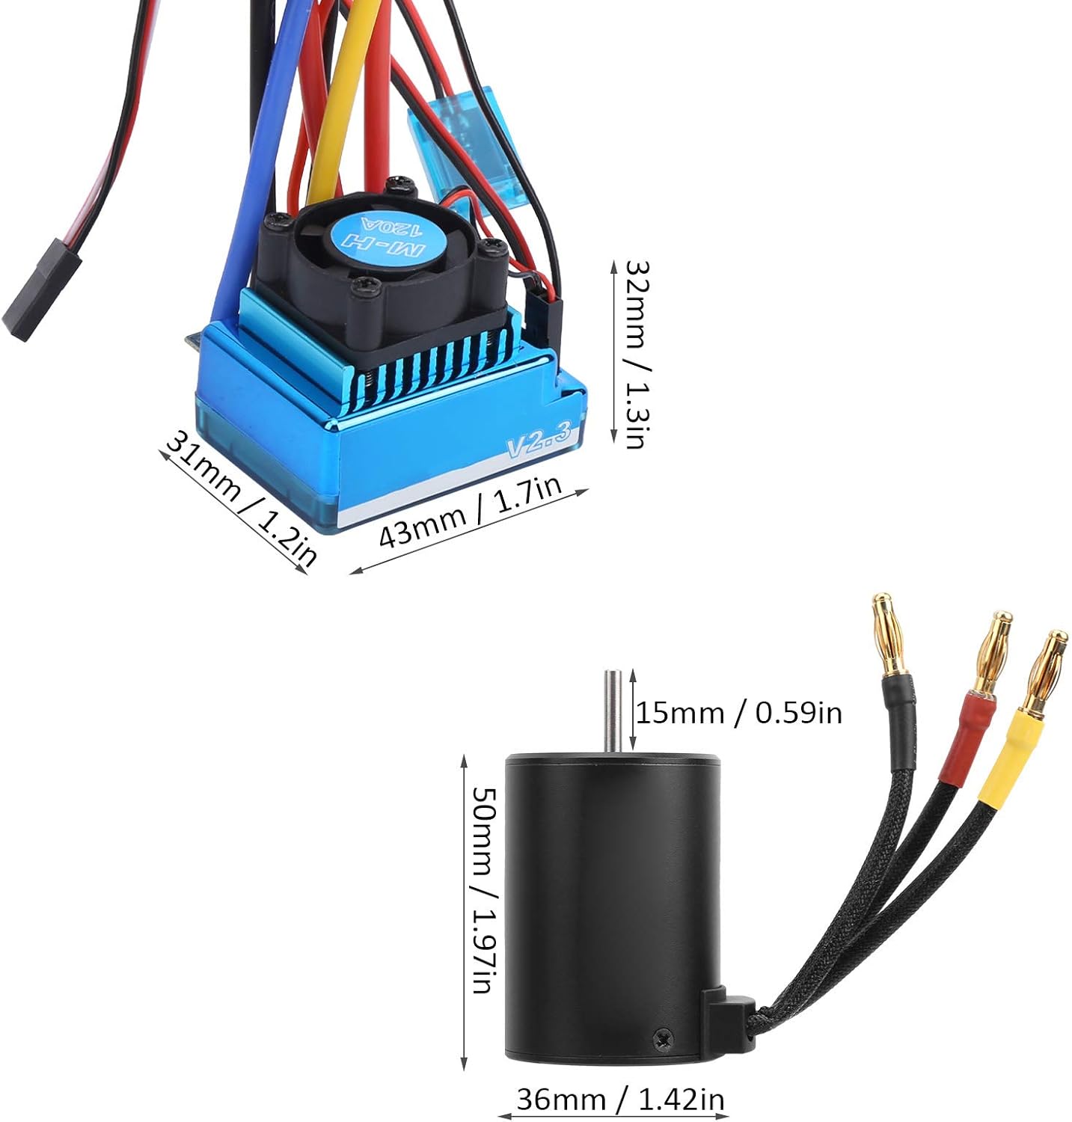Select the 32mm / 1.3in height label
coord(634,353)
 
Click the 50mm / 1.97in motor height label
coord(482,889)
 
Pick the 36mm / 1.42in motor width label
coord(620,1099)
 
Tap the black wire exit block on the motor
coord(725,1018)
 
